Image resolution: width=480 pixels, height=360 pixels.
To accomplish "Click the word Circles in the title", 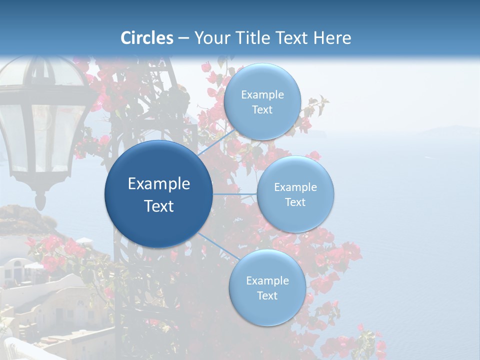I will pos(146,38).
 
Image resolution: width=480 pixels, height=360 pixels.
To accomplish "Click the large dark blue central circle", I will pos(158,194).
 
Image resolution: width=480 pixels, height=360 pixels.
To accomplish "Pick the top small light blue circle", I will pos(262,101).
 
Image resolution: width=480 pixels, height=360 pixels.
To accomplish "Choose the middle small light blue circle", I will pos(295,194).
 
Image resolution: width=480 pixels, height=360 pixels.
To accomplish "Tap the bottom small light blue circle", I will pos(267,287).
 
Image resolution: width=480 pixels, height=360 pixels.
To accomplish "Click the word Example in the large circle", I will pos(158,183).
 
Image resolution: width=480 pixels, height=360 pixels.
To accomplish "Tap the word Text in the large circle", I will pos(158,206).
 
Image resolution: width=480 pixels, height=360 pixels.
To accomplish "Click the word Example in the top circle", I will pos(262,94).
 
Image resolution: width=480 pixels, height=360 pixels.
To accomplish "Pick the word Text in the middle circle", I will pos(295,202).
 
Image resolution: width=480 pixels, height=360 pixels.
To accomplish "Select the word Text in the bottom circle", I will pos(267,295).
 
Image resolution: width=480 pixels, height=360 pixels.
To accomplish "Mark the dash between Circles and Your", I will pos(183,38).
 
